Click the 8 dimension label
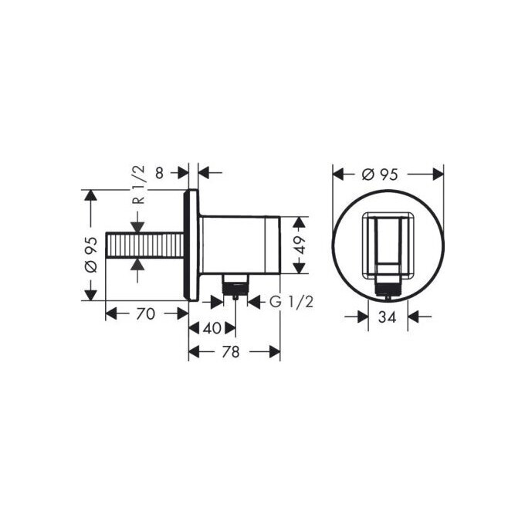(158, 174)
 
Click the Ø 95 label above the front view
(380, 174)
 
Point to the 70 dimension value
(147, 313)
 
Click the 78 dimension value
(231, 352)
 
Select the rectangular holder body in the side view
(239, 246)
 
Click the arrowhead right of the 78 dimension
(274, 352)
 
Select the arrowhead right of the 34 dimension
(413, 316)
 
